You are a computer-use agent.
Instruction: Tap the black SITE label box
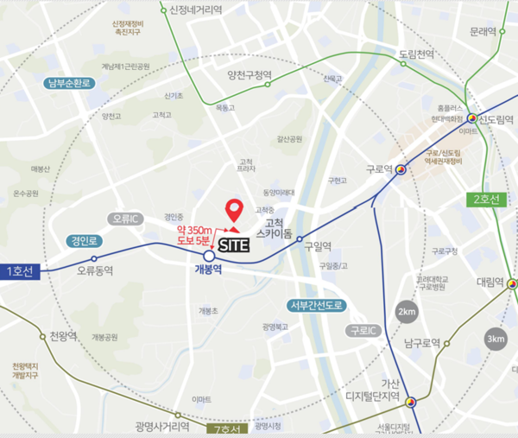(233, 244)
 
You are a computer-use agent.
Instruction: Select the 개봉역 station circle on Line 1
(209, 257)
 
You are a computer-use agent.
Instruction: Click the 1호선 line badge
(21, 271)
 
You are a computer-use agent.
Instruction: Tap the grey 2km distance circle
(407, 312)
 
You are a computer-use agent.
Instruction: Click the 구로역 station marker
(401, 171)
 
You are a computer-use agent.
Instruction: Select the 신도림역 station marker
(472, 118)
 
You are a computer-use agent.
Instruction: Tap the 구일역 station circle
(300, 239)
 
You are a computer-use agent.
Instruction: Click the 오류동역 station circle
(95, 257)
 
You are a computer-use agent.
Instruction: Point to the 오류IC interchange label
(128, 219)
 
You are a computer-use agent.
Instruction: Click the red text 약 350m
(193, 231)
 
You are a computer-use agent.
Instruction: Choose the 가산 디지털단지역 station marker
(412, 402)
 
